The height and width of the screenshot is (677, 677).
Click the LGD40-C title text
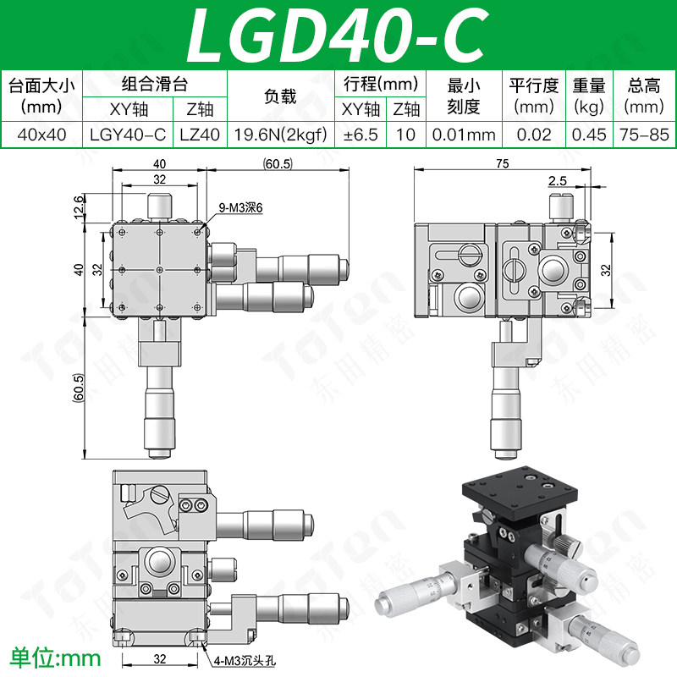[x=338, y=35]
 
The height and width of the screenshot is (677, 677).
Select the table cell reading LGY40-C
[x=128, y=135]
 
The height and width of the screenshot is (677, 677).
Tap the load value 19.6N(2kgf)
[x=281, y=135]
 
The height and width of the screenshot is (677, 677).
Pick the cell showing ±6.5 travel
[x=361, y=135]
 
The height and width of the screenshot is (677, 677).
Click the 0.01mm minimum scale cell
[x=464, y=135]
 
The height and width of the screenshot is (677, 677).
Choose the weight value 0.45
[x=589, y=135]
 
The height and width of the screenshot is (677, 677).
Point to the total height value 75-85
[x=644, y=135]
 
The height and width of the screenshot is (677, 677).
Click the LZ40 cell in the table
[x=200, y=135]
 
